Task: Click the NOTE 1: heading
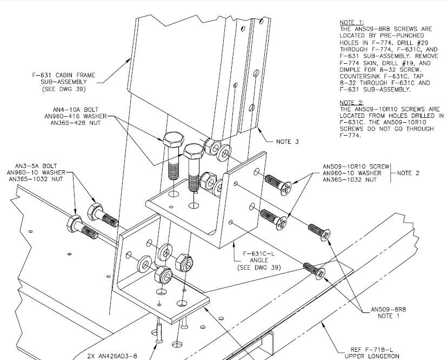click(351, 23)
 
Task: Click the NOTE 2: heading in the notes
click(351, 103)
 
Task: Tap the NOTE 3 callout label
click(288, 142)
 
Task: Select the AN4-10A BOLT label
click(76, 110)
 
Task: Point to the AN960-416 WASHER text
click(76, 116)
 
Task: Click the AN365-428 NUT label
click(76, 123)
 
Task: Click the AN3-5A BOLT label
click(36, 166)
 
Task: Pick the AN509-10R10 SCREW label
click(356, 166)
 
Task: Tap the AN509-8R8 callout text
click(388, 309)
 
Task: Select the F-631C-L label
click(259, 254)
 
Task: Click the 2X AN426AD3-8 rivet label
click(112, 356)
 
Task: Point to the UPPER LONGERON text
click(372, 356)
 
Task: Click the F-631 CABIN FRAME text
click(64, 75)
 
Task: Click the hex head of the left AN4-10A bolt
click(174, 139)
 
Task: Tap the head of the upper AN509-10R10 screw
click(286, 189)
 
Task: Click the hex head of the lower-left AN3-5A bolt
click(74, 224)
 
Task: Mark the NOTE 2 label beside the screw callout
click(408, 173)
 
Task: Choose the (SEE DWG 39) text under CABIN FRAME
click(64, 89)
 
